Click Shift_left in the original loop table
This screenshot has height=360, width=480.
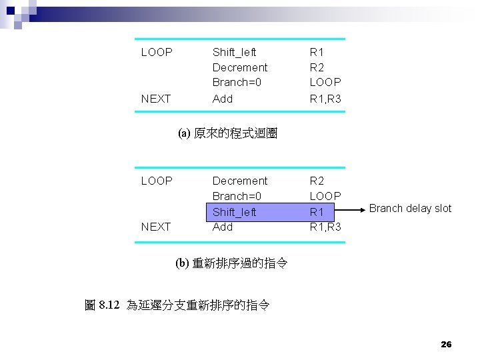(x=234, y=52)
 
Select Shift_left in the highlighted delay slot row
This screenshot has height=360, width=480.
(x=234, y=212)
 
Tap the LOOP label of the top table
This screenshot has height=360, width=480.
(x=157, y=52)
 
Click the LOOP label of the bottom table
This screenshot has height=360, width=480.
(x=157, y=181)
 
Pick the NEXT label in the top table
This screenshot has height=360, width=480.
(x=156, y=99)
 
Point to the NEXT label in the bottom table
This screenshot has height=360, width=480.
(x=156, y=227)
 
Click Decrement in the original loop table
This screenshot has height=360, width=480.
(x=239, y=67)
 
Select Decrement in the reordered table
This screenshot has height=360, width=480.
(x=239, y=181)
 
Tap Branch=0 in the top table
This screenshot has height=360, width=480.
(x=237, y=83)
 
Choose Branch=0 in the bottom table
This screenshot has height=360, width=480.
(x=237, y=196)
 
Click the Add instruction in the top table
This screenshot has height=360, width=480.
(x=223, y=99)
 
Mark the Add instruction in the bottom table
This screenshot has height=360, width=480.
(x=223, y=227)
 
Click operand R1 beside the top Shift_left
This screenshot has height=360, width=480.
(x=317, y=52)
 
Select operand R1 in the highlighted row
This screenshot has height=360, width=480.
(x=317, y=212)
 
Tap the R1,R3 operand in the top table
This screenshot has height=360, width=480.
(x=325, y=99)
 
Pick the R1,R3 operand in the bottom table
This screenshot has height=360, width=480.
(x=325, y=227)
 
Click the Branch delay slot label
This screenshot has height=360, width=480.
(x=410, y=208)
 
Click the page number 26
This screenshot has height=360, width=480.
(x=446, y=344)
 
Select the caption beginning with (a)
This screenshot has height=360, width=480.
(x=227, y=133)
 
